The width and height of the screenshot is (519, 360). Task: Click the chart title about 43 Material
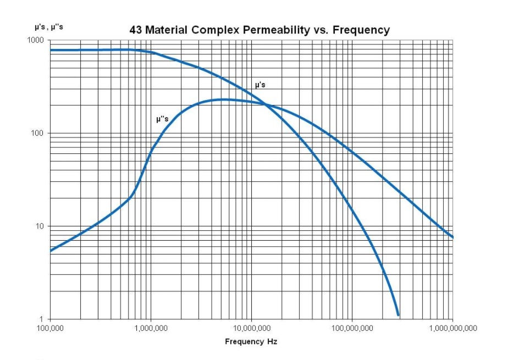pos(259,30)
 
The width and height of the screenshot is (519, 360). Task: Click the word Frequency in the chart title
pos(364,30)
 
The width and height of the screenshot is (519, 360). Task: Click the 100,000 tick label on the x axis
pos(50,328)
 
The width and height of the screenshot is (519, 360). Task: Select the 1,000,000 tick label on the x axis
pos(151,328)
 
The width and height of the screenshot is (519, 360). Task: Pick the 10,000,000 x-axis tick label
pos(251,328)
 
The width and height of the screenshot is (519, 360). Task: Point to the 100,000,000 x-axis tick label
pos(352,328)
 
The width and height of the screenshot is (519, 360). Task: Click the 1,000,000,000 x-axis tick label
pos(452,328)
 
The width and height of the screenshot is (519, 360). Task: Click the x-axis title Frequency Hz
pos(251,342)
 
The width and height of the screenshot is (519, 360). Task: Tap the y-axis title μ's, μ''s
pos(48,26)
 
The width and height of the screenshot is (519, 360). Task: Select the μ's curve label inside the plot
pos(260,85)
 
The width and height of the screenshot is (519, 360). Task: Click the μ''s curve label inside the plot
pos(162,118)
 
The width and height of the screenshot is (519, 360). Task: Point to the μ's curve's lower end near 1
pos(397,314)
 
